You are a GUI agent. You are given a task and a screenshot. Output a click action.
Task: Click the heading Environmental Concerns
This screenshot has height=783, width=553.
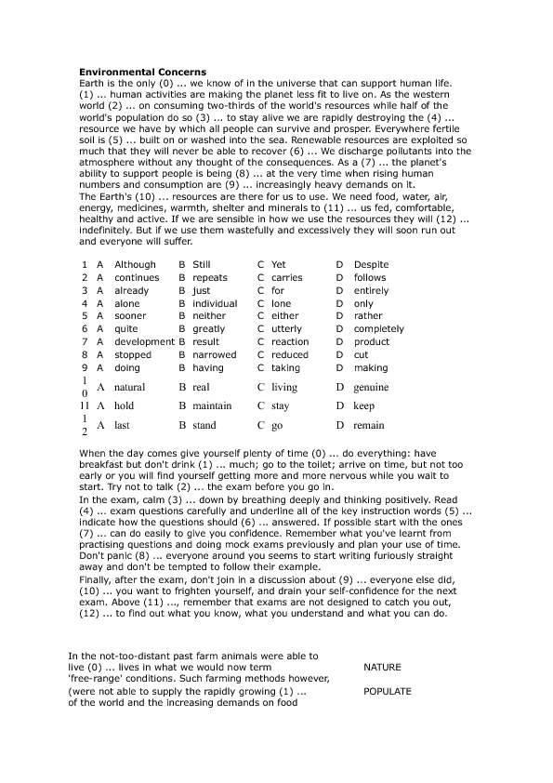142,72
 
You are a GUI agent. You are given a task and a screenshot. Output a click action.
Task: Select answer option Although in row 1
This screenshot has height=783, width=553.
135,264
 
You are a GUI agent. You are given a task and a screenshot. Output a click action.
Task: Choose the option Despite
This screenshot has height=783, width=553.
371,264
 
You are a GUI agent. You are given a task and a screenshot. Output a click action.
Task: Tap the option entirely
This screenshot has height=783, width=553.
372,290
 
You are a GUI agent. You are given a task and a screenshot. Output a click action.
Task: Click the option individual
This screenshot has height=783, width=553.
215,303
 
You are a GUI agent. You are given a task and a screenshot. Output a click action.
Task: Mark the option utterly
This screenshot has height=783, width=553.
286,329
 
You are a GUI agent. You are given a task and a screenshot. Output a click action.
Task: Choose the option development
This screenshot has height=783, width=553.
143,342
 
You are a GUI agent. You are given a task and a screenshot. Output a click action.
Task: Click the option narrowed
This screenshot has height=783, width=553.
214,355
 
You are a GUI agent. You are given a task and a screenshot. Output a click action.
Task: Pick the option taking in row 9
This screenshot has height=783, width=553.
285,368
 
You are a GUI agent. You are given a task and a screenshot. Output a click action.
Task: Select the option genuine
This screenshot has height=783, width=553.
372,387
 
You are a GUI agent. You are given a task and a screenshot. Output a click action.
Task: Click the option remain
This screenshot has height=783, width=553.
369,426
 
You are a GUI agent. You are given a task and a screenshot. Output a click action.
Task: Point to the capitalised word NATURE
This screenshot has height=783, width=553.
383,668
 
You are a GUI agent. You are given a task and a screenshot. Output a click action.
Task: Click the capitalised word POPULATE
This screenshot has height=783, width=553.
388,692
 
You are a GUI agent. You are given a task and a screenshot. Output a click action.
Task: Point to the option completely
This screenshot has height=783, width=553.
378,329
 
